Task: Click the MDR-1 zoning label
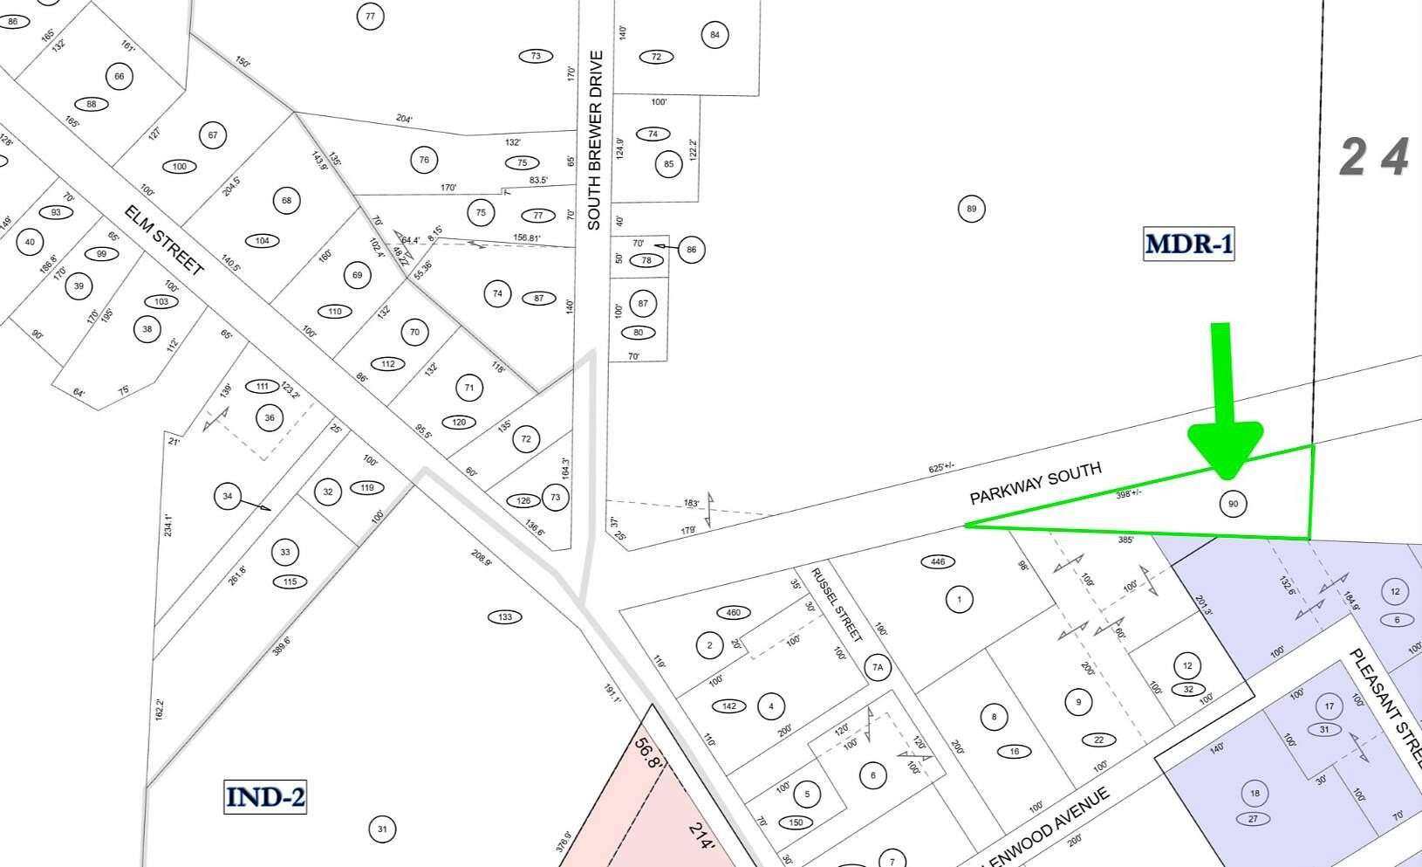[x=1189, y=244]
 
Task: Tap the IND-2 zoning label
[x=265, y=797]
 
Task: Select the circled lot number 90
[x=1233, y=504]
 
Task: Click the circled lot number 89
[x=971, y=209]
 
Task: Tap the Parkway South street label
[x=1036, y=483]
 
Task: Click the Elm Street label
[x=164, y=240]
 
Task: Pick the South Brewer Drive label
[x=595, y=140]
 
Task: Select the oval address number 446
[x=938, y=561]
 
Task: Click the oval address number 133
[x=504, y=617]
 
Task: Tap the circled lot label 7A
[x=878, y=668]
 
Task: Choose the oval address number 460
[x=734, y=612]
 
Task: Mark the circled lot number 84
[x=714, y=35]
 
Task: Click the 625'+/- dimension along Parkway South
[x=943, y=468]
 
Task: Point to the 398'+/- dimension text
[x=1129, y=494]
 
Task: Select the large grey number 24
[x=1375, y=158]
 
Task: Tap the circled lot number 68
[x=286, y=201]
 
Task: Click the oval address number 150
[x=795, y=822]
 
